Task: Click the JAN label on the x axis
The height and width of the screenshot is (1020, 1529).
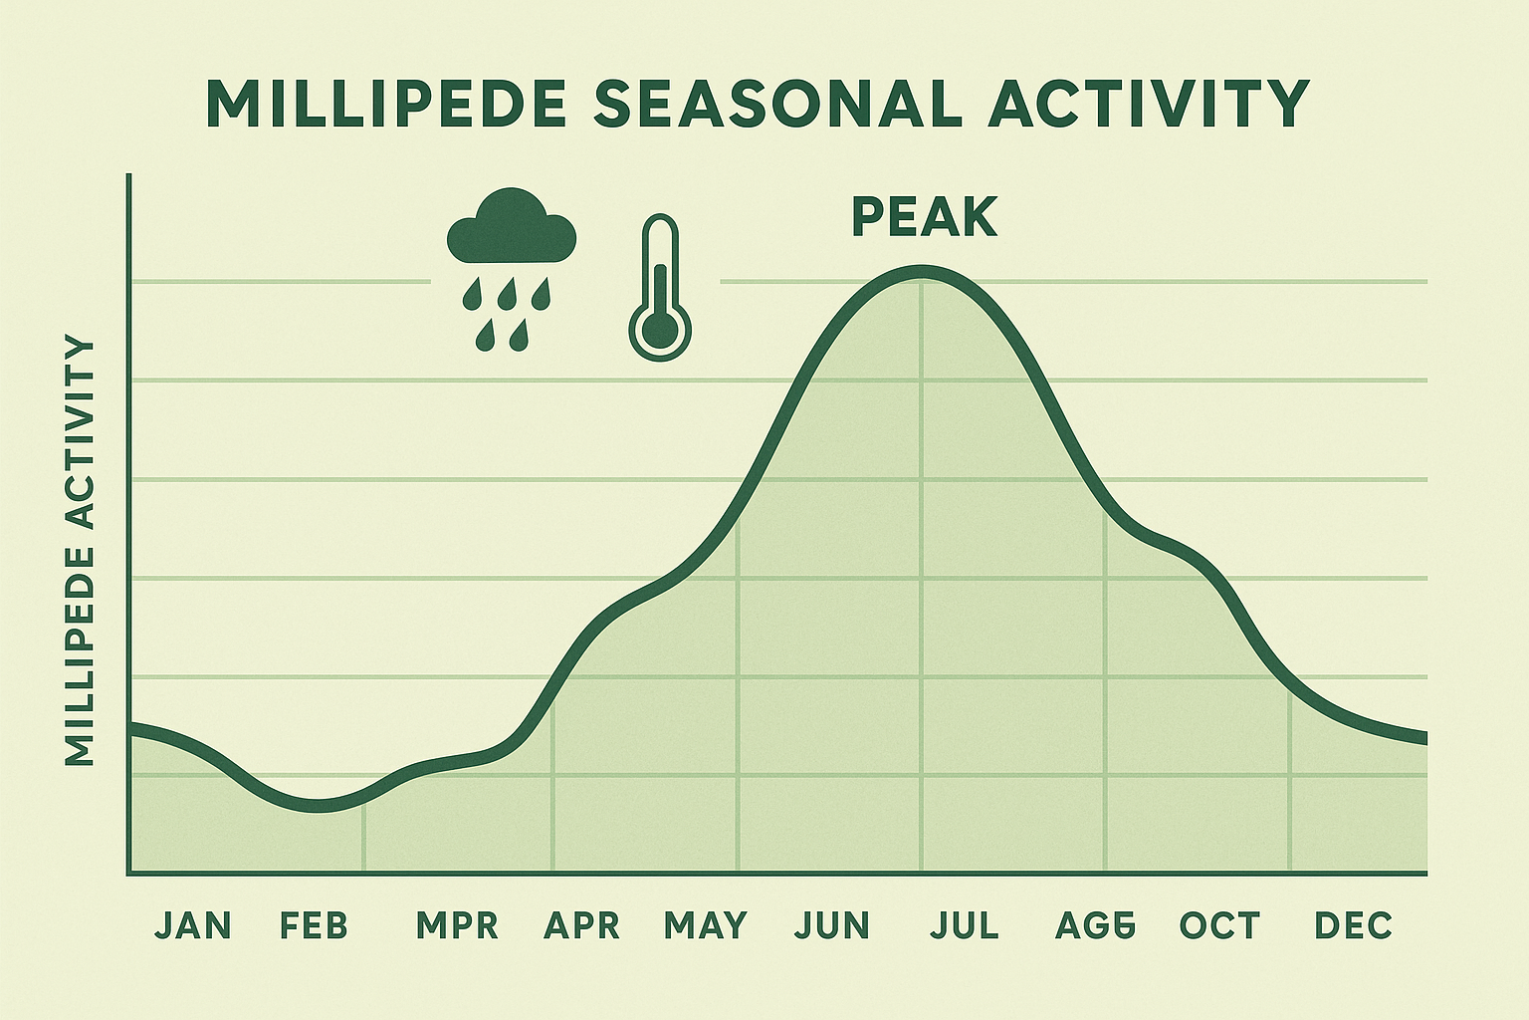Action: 193,925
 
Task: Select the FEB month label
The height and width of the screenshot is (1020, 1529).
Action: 315,925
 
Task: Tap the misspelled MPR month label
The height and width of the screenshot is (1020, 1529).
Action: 457,925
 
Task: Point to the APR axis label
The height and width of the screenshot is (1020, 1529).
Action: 581,925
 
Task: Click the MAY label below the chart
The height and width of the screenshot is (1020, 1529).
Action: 706,925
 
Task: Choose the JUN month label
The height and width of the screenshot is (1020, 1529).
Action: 832,925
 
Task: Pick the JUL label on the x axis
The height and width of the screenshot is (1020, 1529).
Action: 965,925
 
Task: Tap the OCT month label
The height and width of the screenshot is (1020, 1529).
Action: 1219,925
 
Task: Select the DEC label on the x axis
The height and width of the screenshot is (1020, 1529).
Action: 1353,925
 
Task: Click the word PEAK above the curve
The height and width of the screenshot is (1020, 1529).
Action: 925,218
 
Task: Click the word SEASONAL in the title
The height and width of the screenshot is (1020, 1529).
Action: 777,103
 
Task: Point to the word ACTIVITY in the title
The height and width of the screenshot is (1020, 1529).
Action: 1148,103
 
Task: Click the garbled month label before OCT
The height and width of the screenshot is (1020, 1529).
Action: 1095,925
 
